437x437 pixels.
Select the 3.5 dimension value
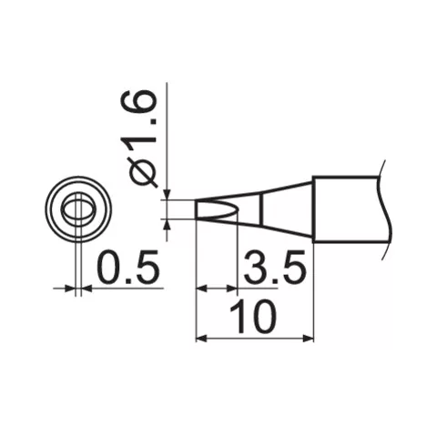[x=273, y=269]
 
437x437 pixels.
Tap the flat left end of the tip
[x=197, y=209]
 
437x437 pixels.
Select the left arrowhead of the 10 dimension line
[x=202, y=339]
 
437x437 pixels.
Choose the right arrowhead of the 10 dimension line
[x=309, y=339]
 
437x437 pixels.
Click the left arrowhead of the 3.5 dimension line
[x=202, y=289]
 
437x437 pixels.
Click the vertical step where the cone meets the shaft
[x=314, y=209]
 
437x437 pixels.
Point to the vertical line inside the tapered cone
[x=263, y=209]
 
